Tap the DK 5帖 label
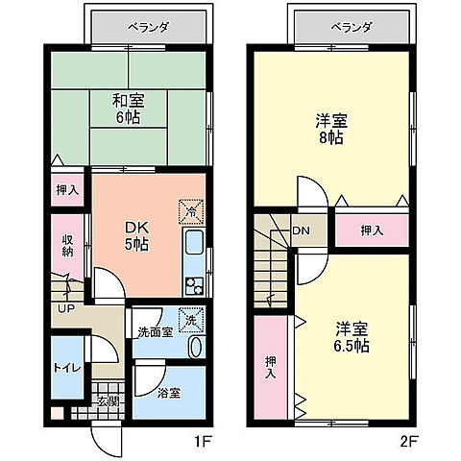135,236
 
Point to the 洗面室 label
154,332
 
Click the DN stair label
301,230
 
